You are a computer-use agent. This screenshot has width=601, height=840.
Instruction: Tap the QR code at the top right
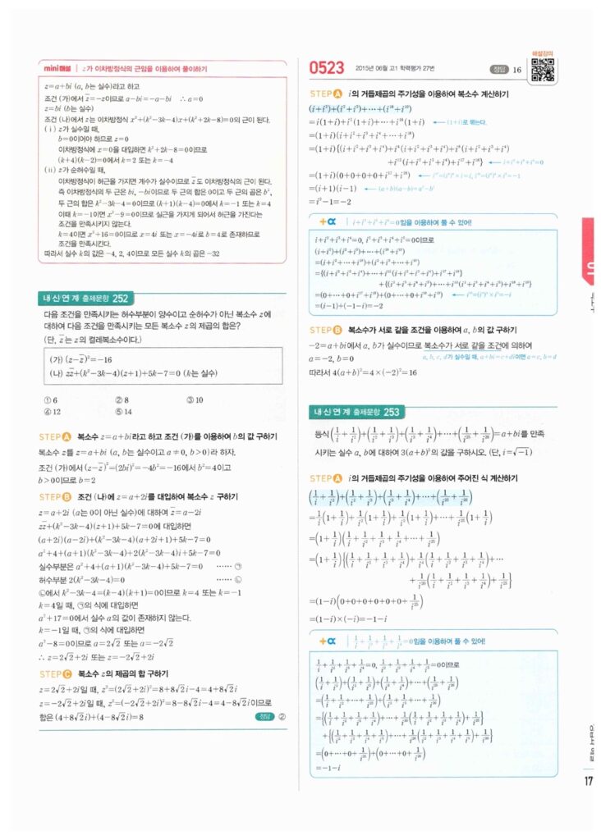point(541,71)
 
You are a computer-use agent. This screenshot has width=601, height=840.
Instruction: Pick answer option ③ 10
point(195,399)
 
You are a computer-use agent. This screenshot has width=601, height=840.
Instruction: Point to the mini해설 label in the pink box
point(61,69)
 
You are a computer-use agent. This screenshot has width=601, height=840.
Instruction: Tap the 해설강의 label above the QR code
point(541,53)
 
